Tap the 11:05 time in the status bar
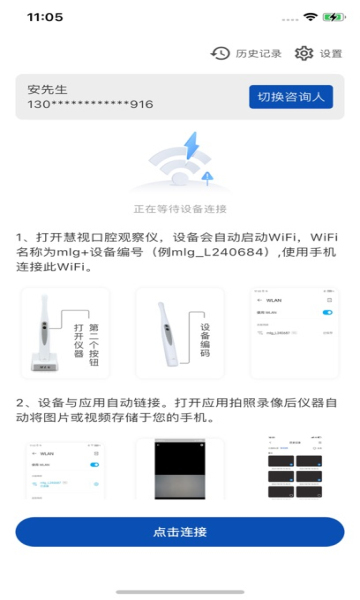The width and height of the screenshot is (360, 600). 44,17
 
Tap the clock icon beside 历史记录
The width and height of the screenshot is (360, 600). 220,53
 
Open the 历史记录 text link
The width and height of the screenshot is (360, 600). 259,53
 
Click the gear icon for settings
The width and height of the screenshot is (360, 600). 304,53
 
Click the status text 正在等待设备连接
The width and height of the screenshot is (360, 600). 180,209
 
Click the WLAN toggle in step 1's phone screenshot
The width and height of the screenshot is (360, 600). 327,313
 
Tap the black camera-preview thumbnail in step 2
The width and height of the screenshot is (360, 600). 180,468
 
